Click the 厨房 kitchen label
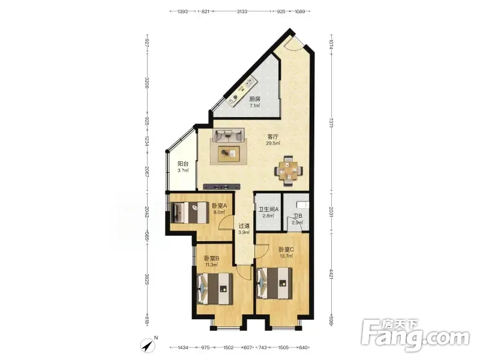pyautogui.click(x=254, y=99)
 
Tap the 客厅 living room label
pyautogui.click(x=273, y=137)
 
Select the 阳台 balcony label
pyautogui.click(x=183, y=164)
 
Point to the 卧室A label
pyautogui.click(x=219, y=205)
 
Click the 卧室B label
pyautogui.click(x=212, y=259)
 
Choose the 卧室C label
pyautogui.click(x=286, y=250)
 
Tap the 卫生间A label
pyautogui.click(x=268, y=209)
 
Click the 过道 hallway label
pyautogui.click(x=244, y=226)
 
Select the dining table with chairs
pyautogui.click(x=289, y=171)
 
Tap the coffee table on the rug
pyautogui.click(x=229, y=154)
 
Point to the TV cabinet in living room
pyautogui.click(x=221, y=186)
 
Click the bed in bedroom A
pyautogui.click(x=190, y=212)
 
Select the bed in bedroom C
pyautogui.click(x=275, y=283)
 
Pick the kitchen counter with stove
pyautogui.click(x=241, y=91)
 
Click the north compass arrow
pyautogui.click(x=148, y=346)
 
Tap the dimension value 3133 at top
pyautogui.click(x=242, y=11)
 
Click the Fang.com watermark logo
pyautogui.click(x=415, y=336)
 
